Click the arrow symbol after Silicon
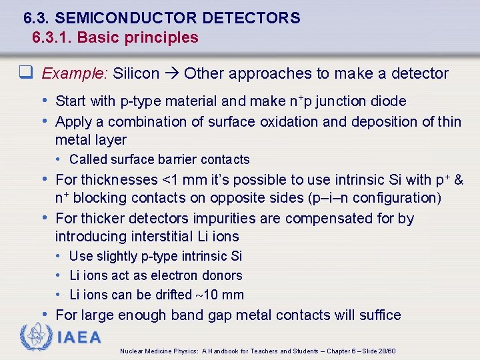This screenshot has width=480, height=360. (x=172, y=73)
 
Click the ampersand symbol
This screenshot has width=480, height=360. (x=459, y=180)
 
